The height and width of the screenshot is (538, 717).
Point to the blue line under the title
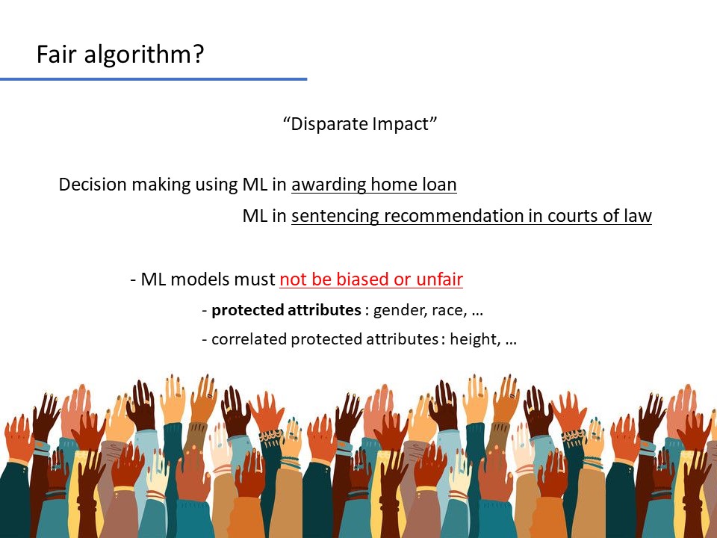point(154,79)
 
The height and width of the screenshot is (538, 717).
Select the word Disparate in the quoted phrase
point(329,125)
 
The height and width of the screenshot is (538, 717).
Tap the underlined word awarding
point(329,185)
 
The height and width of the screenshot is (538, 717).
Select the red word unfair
point(439,279)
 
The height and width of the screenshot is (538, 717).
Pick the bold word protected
point(247,311)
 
